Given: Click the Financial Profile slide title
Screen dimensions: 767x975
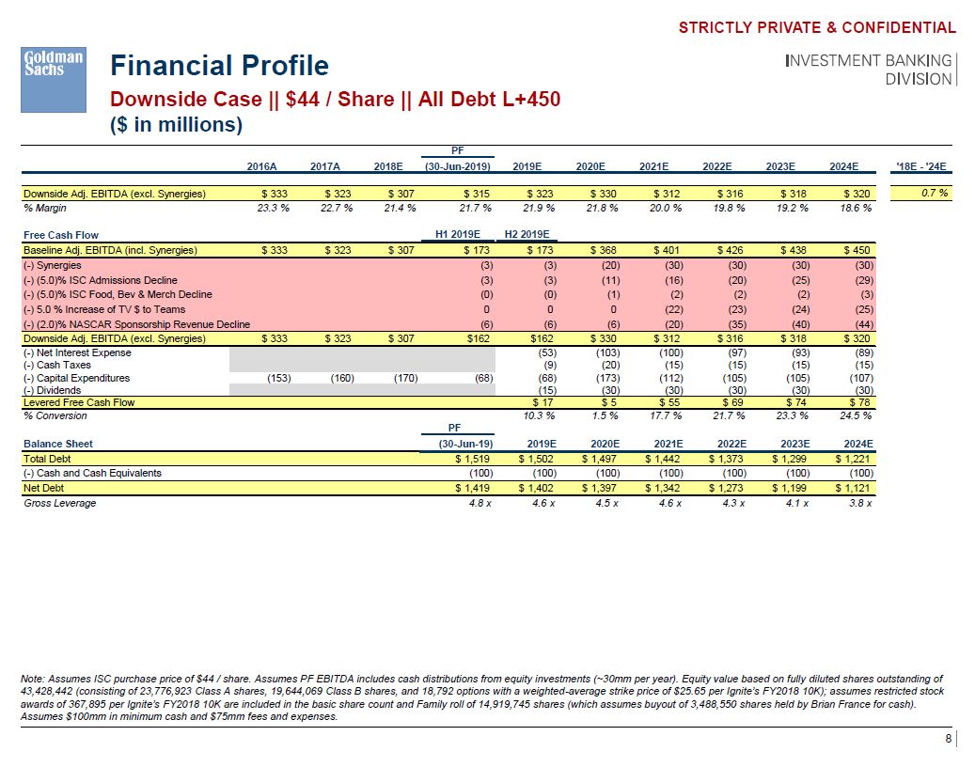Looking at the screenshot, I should pyautogui.click(x=219, y=66).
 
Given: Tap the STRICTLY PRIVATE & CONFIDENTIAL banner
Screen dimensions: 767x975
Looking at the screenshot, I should pyautogui.click(x=817, y=28).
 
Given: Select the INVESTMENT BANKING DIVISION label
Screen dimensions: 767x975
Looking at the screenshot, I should pyautogui.click(x=868, y=70).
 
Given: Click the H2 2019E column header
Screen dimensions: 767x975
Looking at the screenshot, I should pyautogui.click(x=527, y=235).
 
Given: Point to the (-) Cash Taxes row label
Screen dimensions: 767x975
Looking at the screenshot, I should pyautogui.click(x=58, y=366).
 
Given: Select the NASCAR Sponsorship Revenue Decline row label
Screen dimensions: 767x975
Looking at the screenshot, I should pyautogui.click(x=135, y=324).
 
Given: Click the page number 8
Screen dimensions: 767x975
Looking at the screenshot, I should pyautogui.click(x=948, y=740).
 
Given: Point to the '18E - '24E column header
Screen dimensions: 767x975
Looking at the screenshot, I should pyautogui.click(x=922, y=166).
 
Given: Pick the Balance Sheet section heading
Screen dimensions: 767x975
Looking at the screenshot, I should pyautogui.click(x=58, y=444).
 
